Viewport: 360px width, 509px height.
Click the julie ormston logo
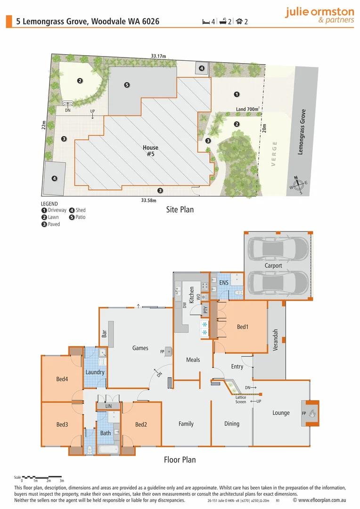click(x=319, y=16)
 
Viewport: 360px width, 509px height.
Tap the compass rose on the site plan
click(x=298, y=185)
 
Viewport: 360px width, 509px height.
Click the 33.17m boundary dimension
click(x=159, y=56)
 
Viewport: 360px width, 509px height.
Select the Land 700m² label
click(x=248, y=109)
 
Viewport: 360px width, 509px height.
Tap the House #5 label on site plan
click(x=151, y=151)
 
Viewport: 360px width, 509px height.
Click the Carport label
click(x=273, y=265)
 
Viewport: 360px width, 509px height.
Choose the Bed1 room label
click(x=242, y=327)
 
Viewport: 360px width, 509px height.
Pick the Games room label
click(x=140, y=348)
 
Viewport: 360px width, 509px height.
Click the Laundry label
click(x=95, y=372)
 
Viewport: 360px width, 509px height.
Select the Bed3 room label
click(x=62, y=425)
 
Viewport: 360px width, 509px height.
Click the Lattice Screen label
click(x=241, y=400)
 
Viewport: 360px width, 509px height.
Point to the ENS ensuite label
click(x=224, y=283)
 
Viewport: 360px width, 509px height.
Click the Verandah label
click(x=276, y=340)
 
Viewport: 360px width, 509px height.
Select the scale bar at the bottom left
click(x=41, y=477)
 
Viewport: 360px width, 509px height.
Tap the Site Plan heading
click(x=180, y=209)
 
